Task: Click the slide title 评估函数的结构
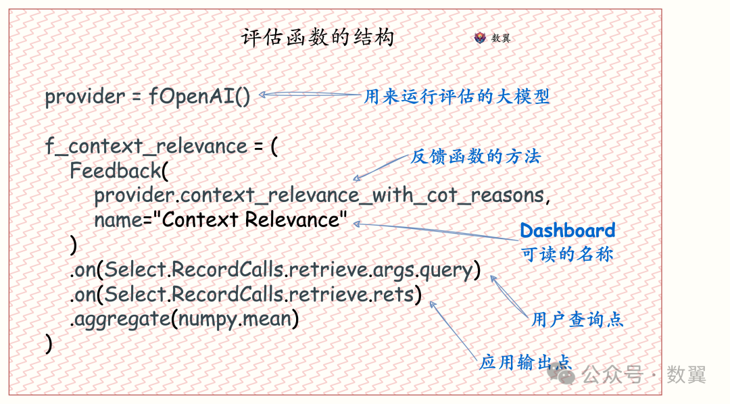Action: point(318,37)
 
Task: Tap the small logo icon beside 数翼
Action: point(479,38)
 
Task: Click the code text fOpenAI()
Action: point(199,97)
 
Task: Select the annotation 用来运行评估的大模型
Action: point(456,97)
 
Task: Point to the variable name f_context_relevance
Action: point(146,146)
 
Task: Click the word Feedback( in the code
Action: point(119,171)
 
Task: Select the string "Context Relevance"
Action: point(253,219)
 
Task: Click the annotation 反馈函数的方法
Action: point(475,156)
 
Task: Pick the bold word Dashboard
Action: point(568,230)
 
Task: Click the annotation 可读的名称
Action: point(567,254)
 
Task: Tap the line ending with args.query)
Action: point(275,270)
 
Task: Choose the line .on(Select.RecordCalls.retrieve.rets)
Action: point(246,294)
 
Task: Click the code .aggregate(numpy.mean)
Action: point(185,320)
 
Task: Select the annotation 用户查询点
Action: point(577,320)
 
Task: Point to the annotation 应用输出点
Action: point(525,361)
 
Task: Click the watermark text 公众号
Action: point(613,375)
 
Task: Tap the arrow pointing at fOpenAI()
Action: point(310,95)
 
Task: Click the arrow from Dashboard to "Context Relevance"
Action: point(436,231)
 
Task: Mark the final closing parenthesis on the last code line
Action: point(49,344)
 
